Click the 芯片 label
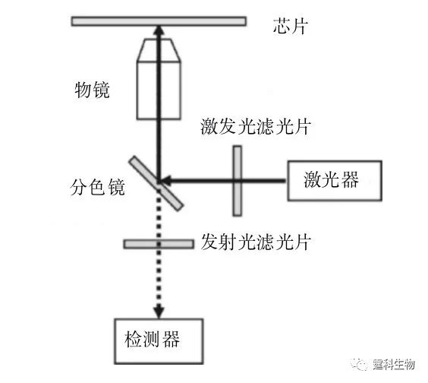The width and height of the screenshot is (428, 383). pyautogui.click(x=291, y=27)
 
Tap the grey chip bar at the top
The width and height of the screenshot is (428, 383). pyautogui.click(x=159, y=21)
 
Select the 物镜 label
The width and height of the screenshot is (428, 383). pyautogui.click(x=93, y=90)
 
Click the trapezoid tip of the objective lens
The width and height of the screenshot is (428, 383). pyautogui.click(x=159, y=50)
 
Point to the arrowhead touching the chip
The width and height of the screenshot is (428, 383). pyautogui.click(x=159, y=30)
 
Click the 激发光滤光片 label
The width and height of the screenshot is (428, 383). pyautogui.click(x=256, y=127)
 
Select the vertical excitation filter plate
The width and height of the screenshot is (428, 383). pyautogui.click(x=238, y=181)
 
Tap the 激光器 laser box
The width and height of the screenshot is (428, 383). pyautogui.click(x=335, y=181)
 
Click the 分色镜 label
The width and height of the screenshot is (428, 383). pyautogui.click(x=97, y=187)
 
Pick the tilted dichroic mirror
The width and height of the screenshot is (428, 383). pyautogui.click(x=156, y=183)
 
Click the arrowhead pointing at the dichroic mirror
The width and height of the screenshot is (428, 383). pyautogui.click(x=165, y=181)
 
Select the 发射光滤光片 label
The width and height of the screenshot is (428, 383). pyautogui.click(x=256, y=242)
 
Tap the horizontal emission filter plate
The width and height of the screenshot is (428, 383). pyautogui.click(x=159, y=244)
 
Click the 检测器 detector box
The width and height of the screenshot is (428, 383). pyautogui.click(x=159, y=341)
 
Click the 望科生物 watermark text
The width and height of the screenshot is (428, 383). pyautogui.click(x=394, y=364)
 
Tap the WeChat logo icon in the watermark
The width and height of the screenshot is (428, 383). pyautogui.click(x=359, y=364)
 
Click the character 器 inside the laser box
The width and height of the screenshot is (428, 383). pyautogui.click(x=350, y=180)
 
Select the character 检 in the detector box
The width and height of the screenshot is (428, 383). pyautogui.click(x=134, y=339)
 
